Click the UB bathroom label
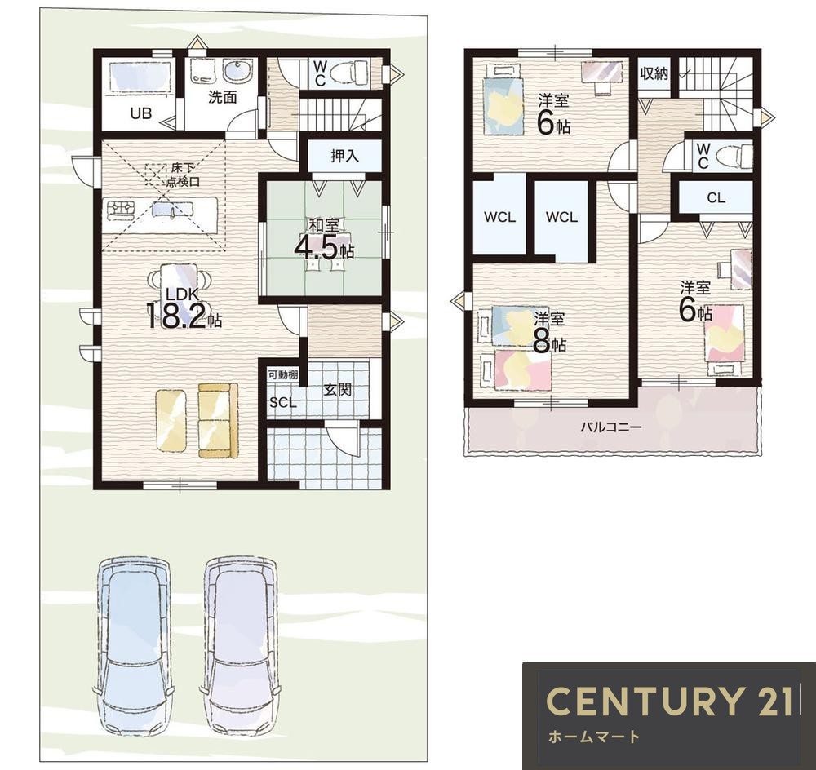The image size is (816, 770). pos(140,113)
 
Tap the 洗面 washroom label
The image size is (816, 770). pos(223,97)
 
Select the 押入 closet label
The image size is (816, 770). pos(344,156)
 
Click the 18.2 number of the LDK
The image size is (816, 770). pos(177,316)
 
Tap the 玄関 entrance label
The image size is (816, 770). pos(337,390)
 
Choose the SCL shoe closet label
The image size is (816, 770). pos(282,403)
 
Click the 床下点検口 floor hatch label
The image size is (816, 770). pos(183,175)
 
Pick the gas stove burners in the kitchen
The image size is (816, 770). pos(121,208)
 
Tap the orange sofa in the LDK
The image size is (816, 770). pos(218,420)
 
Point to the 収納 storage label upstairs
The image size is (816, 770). pos(654,73)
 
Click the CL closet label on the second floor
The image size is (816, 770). pos(716,197)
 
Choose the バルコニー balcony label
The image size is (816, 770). pos(611,427)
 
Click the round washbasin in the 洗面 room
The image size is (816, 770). pos(237,71)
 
